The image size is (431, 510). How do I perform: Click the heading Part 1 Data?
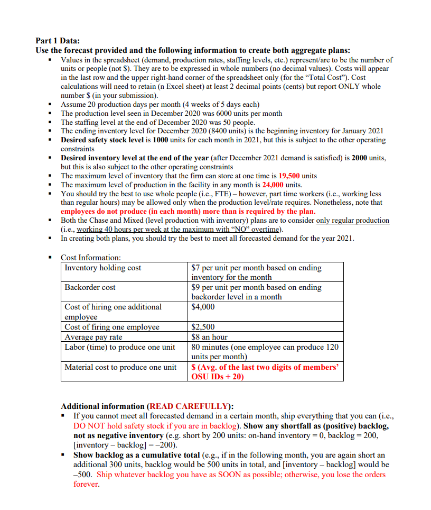(x=58, y=41)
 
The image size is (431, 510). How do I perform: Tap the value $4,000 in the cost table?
(x=203, y=307)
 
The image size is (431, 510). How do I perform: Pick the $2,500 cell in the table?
(x=203, y=327)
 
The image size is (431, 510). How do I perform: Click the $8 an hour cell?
(x=210, y=336)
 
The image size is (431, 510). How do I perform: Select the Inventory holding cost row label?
(x=103, y=268)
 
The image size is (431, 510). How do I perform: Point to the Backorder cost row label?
(x=90, y=287)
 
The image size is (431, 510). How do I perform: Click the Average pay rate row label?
(x=93, y=336)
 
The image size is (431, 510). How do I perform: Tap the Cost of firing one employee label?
(x=112, y=327)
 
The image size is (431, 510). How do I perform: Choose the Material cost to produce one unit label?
(x=120, y=367)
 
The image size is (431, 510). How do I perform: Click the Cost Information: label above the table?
(x=91, y=258)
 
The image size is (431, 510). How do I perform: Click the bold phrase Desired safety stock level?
(x=106, y=140)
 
